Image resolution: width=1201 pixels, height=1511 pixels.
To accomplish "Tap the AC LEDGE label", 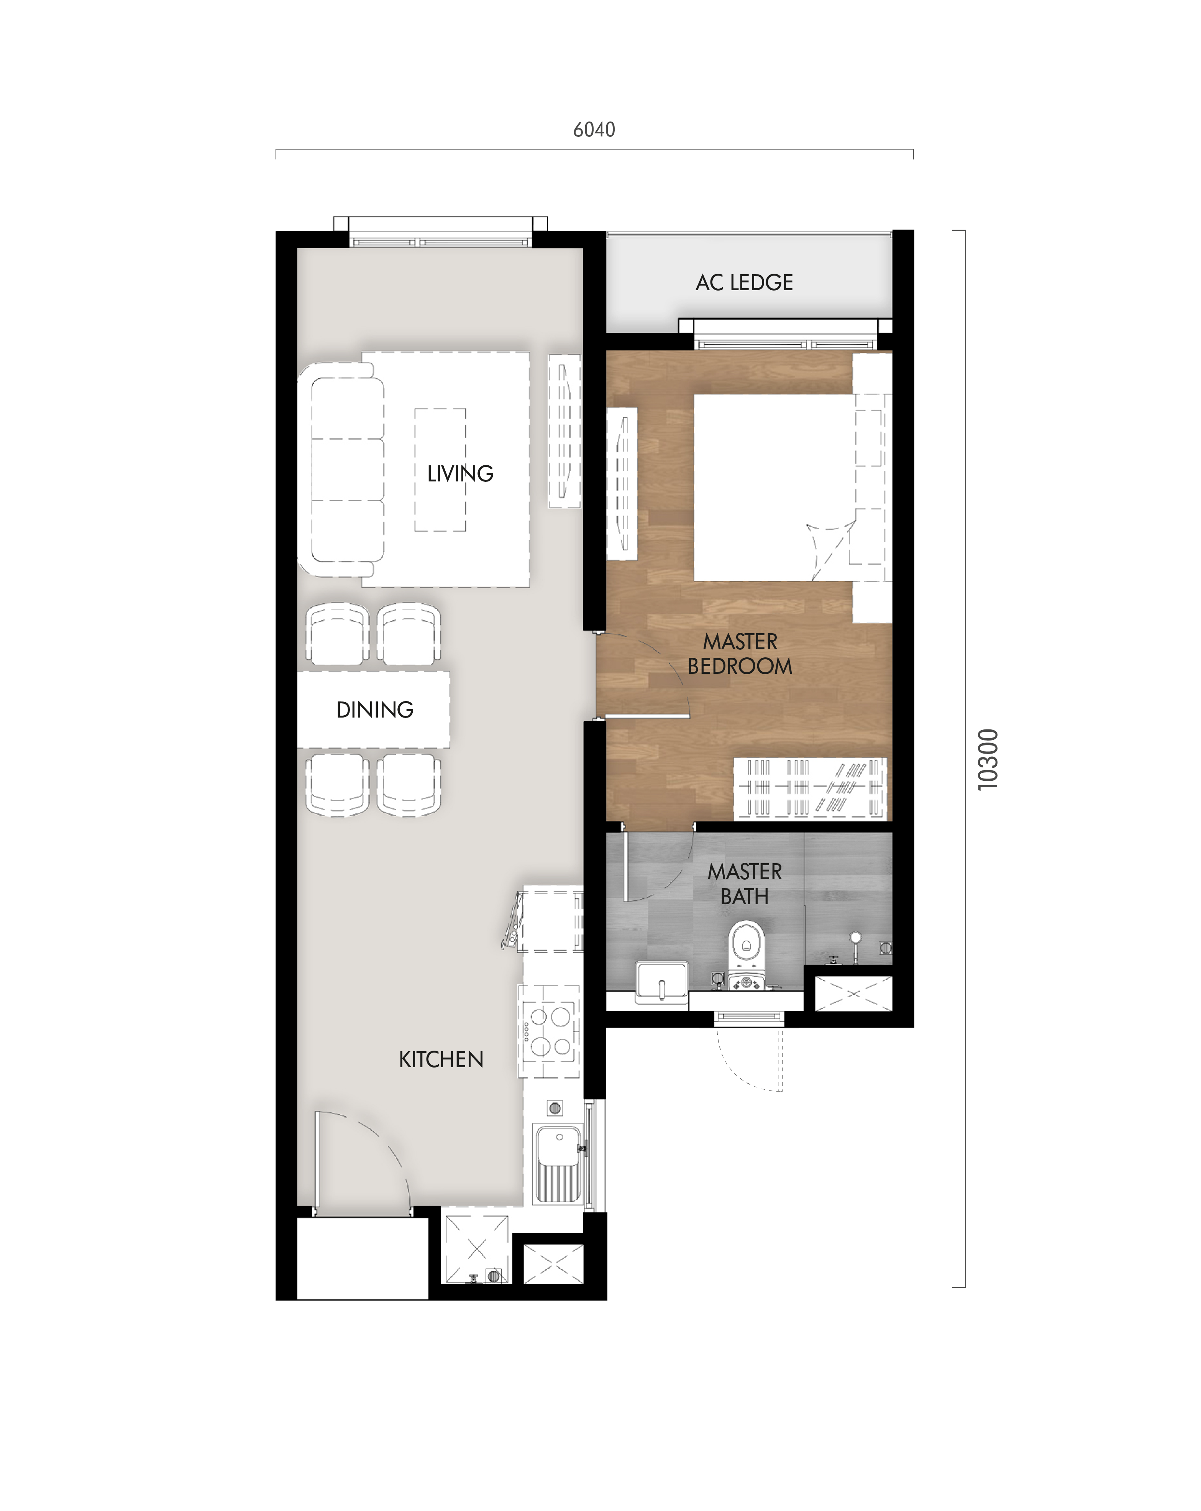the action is click(x=744, y=282).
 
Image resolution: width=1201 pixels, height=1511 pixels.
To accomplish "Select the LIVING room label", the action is click(x=460, y=474).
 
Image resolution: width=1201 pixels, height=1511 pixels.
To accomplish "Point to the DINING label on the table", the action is click(x=375, y=710).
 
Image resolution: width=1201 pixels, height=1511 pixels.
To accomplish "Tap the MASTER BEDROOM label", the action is click(x=740, y=654).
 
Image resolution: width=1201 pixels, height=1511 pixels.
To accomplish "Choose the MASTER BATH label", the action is click(x=745, y=884).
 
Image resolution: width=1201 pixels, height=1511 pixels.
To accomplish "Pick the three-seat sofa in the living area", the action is click(x=343, y=470).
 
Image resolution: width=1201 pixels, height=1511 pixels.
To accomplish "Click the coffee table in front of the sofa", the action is click(x=440, y=470).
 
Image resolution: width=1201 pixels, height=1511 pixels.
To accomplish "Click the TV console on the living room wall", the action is click(x=564, y=431).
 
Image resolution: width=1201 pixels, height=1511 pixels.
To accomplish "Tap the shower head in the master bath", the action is click(x=855, y=943).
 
